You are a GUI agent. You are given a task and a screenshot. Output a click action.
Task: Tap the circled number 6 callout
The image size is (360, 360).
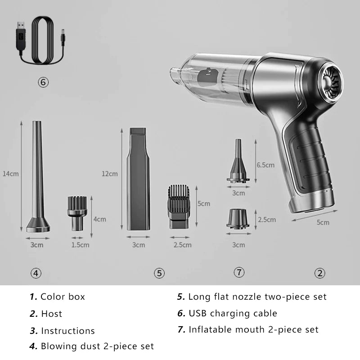(43, 82)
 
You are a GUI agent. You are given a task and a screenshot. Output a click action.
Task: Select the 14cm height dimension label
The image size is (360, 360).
(10, 174)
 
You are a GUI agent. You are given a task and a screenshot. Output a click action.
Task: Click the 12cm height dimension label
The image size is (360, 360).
(110, 174)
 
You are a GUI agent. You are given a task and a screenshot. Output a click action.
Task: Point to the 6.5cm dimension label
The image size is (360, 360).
(265, 165)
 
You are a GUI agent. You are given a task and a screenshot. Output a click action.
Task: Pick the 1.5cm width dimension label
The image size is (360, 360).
(80, 245)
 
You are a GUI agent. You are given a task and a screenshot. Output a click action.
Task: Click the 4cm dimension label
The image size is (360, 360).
(99, 219)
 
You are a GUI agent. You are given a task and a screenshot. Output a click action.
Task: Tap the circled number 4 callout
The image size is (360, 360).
(36, 273)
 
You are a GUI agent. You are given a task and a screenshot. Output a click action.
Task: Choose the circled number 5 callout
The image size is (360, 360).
(159, 273)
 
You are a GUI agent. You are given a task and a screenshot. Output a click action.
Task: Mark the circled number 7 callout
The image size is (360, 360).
(239, 272)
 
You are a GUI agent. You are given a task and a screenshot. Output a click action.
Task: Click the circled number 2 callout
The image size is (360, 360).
(320, 273)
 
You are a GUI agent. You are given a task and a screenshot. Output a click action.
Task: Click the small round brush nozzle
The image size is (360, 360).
(77, 213)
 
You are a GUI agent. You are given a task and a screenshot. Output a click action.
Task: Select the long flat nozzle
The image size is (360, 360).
(138, 179)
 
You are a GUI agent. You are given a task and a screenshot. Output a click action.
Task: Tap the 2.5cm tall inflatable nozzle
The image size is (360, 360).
(238, 219)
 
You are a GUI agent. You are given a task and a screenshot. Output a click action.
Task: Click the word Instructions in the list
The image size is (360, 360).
(68, 331)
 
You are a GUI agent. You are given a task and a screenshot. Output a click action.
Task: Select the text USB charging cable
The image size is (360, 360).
(233, 313)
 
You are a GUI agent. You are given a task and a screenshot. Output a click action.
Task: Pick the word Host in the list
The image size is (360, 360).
(52, 314)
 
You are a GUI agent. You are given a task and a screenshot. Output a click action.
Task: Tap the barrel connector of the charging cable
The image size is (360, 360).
(63, 36)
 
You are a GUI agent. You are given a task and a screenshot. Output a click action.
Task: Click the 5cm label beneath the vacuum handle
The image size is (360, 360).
(323, 222)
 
